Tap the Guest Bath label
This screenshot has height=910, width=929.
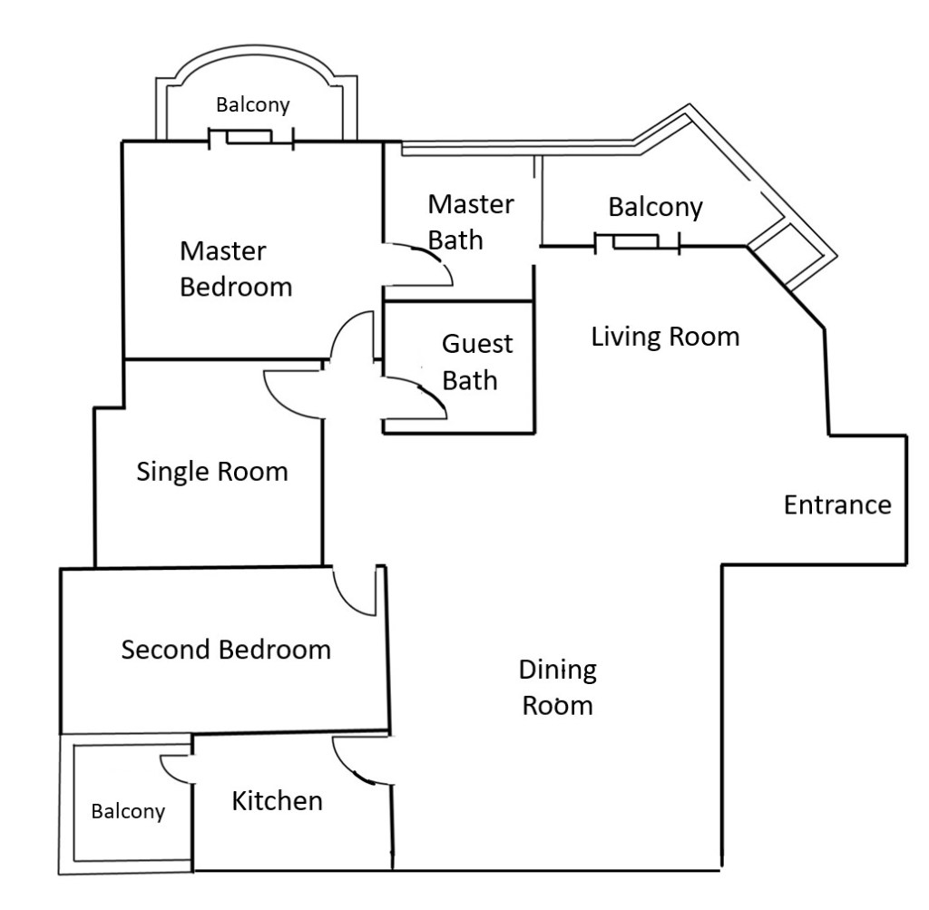click(x=476, y=361)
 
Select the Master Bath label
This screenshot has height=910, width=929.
click(x=469, y=221)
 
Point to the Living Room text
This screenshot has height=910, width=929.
click(x=665, y=337)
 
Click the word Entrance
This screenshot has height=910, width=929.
click(x=836, y=504)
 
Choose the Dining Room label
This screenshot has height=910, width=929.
click(x=557, y=687)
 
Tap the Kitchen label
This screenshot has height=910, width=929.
click(x=277, y=800)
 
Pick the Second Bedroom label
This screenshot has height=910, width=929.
click(x=226, y=650)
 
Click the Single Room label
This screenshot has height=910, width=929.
click(x=211, y=472)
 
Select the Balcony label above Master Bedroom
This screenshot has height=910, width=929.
click(x=253, y=105)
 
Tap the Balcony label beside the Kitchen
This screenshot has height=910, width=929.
click(x=128, y=811)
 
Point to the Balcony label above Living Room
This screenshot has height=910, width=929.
click(x=655, y=207)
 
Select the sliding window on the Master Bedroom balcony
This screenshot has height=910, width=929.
click(x=249, y=138)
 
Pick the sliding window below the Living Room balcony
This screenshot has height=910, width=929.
click(x=636, y=243)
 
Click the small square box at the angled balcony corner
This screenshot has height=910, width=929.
click(x=786, y=254)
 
